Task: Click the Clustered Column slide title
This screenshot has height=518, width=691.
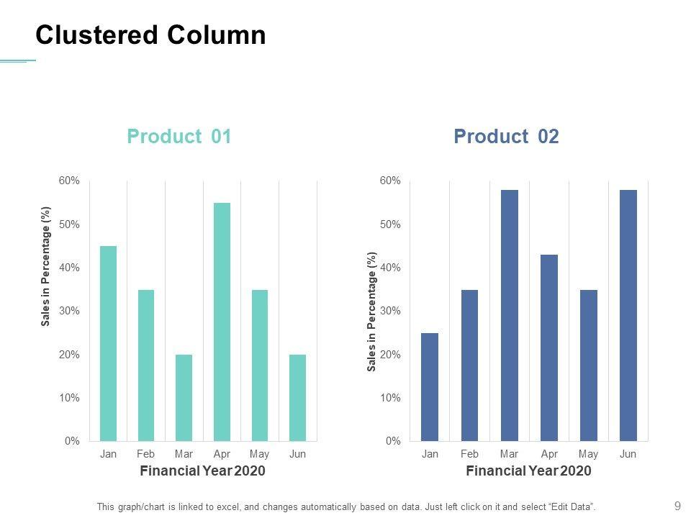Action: (150, 35)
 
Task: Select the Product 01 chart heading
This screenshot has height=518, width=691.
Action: (179, 137)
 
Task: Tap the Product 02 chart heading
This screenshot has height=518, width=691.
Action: (506, 137)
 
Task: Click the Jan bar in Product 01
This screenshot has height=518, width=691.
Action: (108, 343)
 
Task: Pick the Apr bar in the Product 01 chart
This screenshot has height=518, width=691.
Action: (222, 322)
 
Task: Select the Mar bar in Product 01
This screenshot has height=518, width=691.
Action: (184, 397)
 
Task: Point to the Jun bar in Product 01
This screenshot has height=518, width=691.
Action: (297, 397)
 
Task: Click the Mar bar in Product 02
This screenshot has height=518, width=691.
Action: (509, 315)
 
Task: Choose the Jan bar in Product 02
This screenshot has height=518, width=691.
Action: (430, 386)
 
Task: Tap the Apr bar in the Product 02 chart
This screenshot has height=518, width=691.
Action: (549, 347)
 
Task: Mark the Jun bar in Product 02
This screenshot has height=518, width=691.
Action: (628, 315)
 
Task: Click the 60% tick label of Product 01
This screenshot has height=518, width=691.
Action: (69, 181)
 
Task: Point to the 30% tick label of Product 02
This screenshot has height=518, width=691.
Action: (390, 311)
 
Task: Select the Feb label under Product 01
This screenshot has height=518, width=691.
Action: (145, 454)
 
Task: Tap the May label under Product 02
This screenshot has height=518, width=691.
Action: (588, 454)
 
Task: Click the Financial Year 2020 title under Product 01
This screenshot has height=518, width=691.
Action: (202, 471)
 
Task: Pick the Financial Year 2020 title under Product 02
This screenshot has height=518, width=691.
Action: (528, 471)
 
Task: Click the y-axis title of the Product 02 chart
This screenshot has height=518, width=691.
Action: (372, 311)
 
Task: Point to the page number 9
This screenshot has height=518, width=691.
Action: (677, 506)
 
